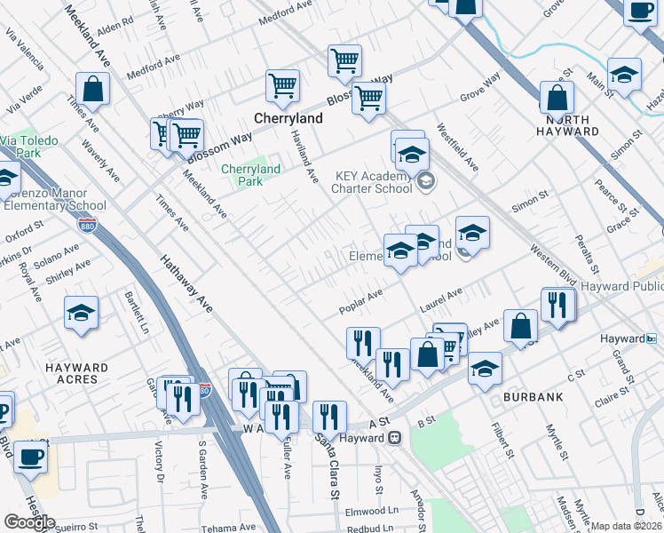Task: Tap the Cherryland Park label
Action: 250,175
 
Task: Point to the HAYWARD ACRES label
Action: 77,373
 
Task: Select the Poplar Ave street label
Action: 360,302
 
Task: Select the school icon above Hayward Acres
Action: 81,314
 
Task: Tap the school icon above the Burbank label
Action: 485,368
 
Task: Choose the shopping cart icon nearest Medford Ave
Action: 344,61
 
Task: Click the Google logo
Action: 28,522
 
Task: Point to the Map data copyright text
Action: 626,526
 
